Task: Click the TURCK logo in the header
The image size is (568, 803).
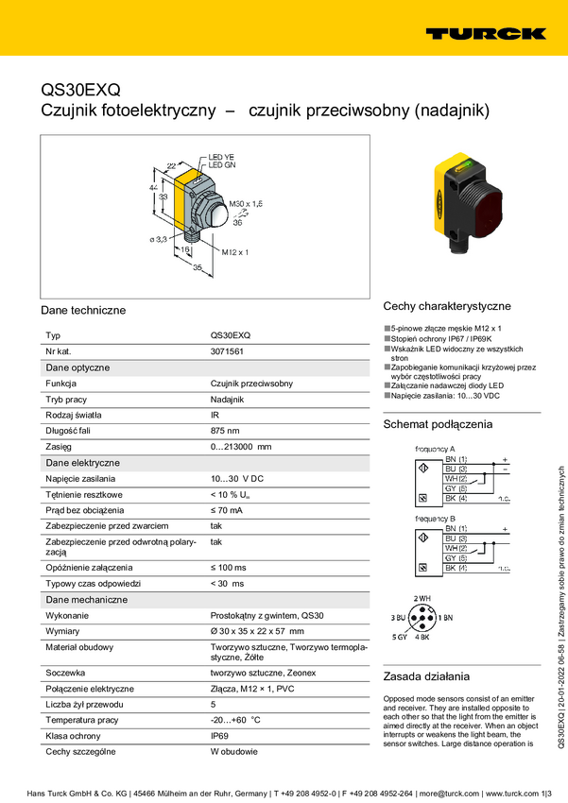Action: click(485, 33)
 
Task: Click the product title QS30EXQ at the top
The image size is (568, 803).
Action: click(80, 91)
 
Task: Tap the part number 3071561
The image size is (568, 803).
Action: click(227, 350)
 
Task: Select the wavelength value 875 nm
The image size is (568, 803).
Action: click(226, 430)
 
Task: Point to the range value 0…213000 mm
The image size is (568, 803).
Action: click(240, 446)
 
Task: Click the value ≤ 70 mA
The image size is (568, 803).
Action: click(226, 509)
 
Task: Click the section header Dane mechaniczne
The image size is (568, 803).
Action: click(87, 599)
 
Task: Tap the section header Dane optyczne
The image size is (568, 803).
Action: click(77, 367)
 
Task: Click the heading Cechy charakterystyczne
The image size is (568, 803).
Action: click(446, 306)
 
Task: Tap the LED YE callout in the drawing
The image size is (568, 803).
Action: click(221, 157)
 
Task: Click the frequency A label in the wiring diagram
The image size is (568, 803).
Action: click(435, 448)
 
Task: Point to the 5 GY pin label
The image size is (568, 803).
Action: click(401, 638)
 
